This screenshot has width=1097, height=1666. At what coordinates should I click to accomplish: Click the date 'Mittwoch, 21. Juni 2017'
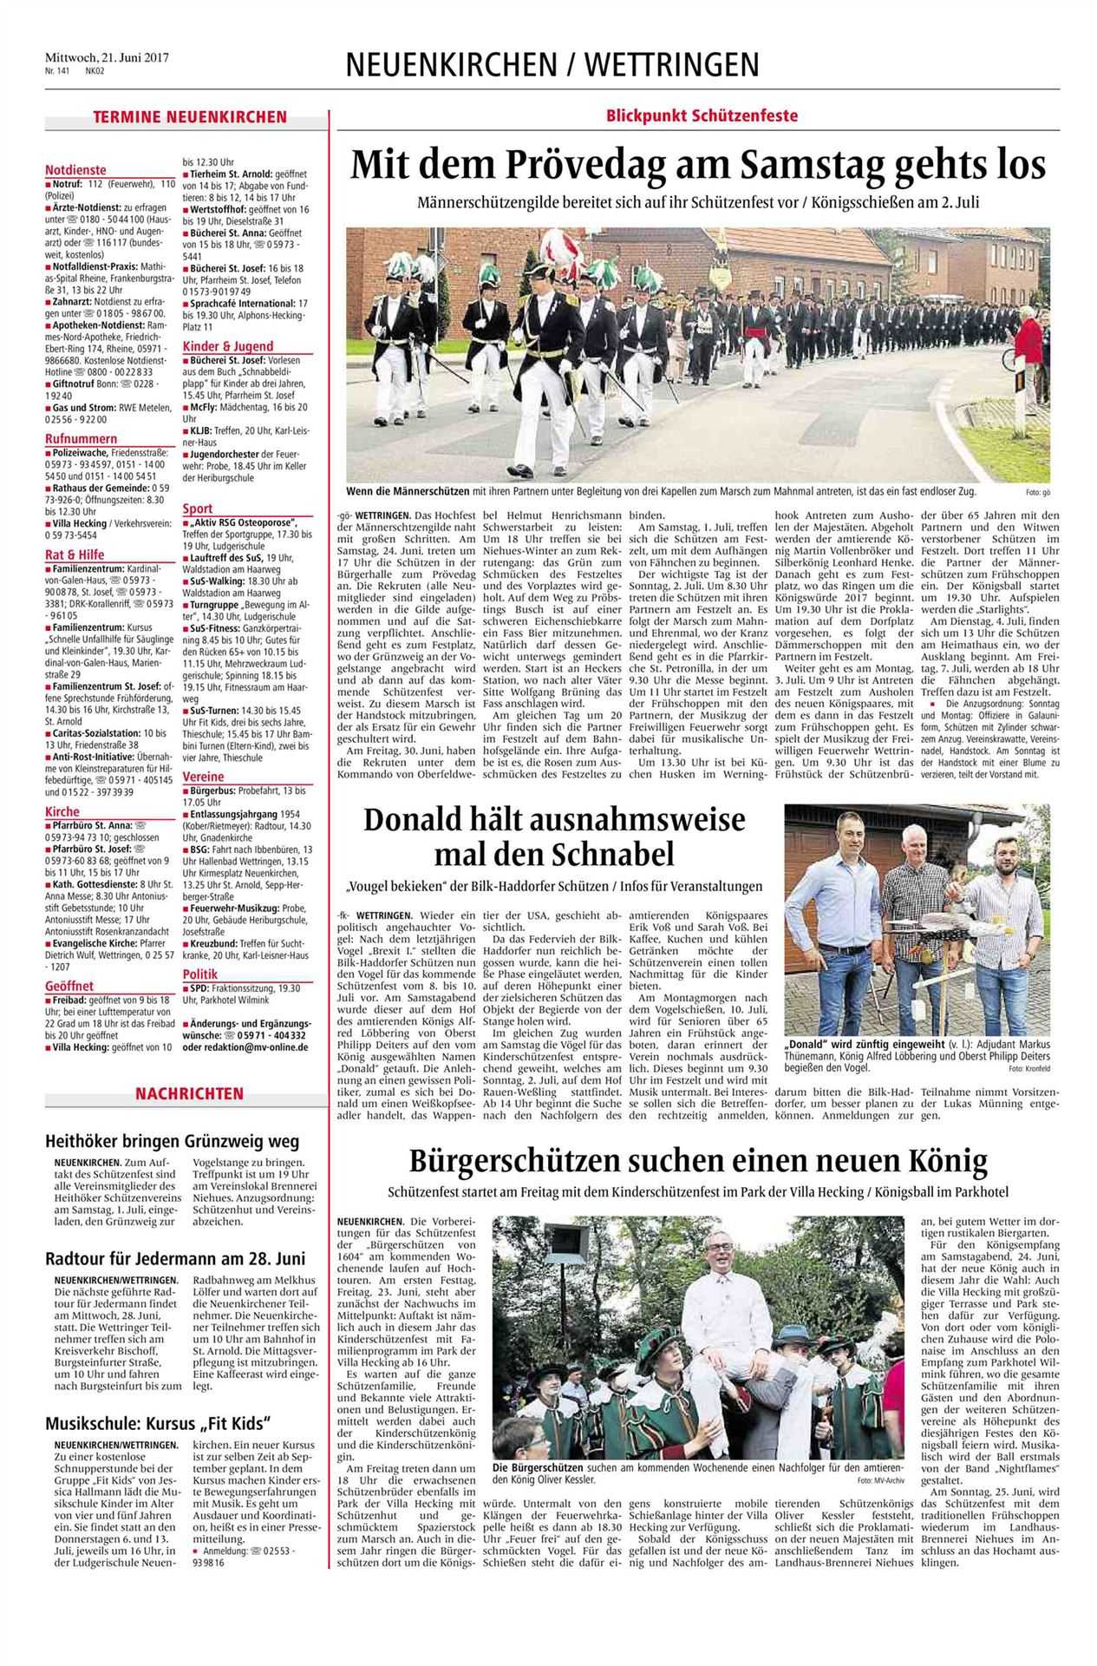(x=106, y=57)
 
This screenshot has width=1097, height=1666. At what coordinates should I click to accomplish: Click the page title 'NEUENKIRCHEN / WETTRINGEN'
(x=552, y=65)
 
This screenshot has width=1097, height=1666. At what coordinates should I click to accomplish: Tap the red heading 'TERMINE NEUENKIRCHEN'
(x=190, y=117)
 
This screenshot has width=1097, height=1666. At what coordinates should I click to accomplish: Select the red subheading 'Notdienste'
(x=75, y=170)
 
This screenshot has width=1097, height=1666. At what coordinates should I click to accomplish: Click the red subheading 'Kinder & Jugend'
(x=227, y=346)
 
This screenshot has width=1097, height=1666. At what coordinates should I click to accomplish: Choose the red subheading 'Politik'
(x=200, y=974)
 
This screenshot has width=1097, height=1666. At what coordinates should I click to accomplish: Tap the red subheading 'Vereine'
(x=203, y=777)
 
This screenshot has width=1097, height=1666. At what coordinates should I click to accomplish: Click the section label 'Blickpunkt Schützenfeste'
(x=702, y=115)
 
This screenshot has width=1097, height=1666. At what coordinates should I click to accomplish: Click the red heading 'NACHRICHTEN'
(x=188, y=1094)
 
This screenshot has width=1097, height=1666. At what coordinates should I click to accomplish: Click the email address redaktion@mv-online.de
(x=245, y=1047)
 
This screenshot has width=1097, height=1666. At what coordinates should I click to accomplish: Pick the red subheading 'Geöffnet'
(x=69, y=986)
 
